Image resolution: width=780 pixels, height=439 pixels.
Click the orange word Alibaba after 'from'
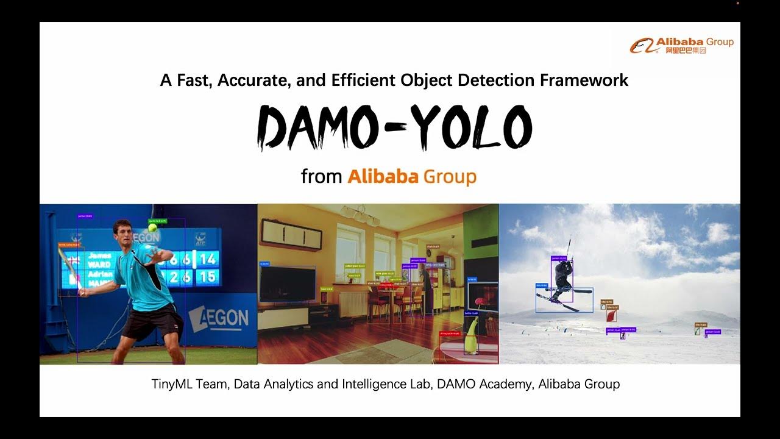[383, 177]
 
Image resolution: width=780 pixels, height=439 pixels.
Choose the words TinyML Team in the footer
[189, 384]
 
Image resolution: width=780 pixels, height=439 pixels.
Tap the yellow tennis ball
[152, 227]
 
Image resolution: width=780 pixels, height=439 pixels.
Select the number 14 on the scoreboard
[208, 259]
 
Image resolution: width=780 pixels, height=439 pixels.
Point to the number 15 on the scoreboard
[208, 277]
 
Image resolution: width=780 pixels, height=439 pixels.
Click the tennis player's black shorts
[152, 322]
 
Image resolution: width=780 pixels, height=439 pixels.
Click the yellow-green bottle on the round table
[470, 338]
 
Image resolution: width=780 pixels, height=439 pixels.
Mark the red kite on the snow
[611, 316]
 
